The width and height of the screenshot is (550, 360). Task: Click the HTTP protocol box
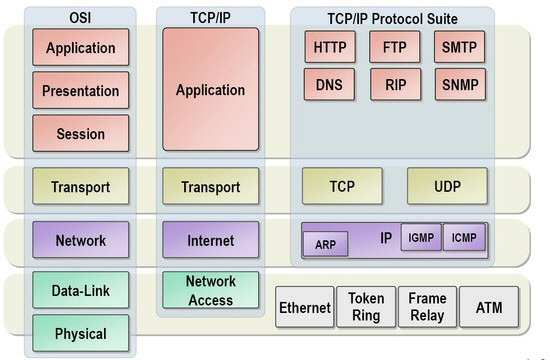(330, 47)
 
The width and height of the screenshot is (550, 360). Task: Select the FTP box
(395, 47)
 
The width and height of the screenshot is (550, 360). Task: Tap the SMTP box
(460, 47)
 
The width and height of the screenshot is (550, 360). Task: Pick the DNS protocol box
(329, 85)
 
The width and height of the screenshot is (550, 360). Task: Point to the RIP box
(396, 85)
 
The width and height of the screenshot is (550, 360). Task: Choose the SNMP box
(461, 85)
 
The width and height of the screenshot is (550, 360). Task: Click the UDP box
(447, 186)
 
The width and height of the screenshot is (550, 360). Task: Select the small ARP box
(326, 244)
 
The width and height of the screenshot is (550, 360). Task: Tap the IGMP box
(421, 237)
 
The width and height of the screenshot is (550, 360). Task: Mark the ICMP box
(464, 237)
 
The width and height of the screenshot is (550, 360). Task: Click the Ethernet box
(305, 307)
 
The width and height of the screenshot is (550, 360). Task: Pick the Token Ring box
(366, 307)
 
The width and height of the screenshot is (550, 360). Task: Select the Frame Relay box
(428, 307)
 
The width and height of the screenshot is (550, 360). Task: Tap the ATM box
(489, 307)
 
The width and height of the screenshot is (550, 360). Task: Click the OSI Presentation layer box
(81, 91)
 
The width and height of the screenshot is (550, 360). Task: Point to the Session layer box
(81, 134)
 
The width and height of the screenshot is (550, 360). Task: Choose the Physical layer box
(81, 333)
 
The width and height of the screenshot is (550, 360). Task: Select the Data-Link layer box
(81, 290)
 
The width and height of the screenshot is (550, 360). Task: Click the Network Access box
(211, 290)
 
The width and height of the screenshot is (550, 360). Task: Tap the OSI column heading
(80, 18)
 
